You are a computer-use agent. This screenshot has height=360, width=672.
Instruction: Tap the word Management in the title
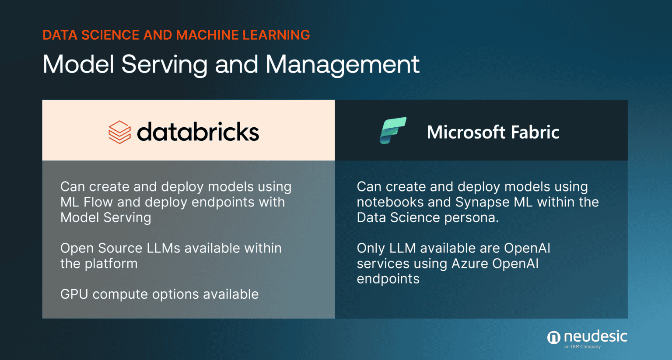pyautogui.click(x=342, y=64)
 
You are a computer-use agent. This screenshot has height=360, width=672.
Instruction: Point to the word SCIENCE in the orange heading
pyautogui.click(x=109, y=35)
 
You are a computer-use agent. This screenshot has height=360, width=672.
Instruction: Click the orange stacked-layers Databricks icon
pyautogui.click(x=119, y=132)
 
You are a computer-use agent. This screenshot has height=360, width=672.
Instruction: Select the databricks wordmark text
pyautogui.click(x=198, y=132)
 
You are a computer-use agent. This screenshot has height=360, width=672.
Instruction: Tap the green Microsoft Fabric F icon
pyautogui.click(x=393, y=130)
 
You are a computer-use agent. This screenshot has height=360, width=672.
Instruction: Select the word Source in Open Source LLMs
pyautogui.click(x=120, y=248)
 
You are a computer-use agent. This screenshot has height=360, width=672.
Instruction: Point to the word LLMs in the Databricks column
pyautogui.click(x=163, y=248)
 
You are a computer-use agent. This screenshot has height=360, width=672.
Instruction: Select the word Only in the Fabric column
pyautogui.click(x=371, y=248)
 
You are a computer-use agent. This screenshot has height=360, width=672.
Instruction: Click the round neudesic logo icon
pyautogui.click(x=553, y=337)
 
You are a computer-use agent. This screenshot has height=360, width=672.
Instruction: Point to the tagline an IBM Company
pyautogui.click(x=582, y=347)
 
